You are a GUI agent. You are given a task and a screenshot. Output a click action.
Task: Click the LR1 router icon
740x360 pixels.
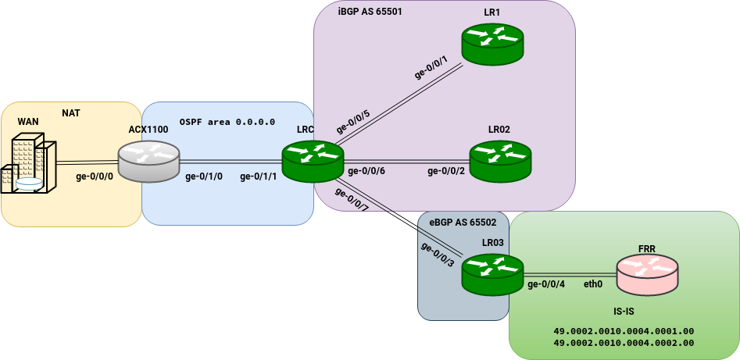pos(492,44)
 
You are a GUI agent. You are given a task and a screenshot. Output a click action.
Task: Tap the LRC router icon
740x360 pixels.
pos(313,162)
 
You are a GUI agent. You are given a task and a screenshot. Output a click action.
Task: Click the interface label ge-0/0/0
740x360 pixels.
pos(95,176)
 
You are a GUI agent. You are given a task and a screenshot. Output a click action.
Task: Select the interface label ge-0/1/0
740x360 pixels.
pos(204,176)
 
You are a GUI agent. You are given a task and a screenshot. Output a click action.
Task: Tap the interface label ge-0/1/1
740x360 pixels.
pos(259,176)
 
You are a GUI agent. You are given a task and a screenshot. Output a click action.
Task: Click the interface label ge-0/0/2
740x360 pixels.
pos(446,171)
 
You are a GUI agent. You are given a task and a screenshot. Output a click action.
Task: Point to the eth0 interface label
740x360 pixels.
pos(594,284)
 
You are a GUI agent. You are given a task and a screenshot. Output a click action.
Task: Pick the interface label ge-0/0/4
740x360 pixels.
pos(546,284)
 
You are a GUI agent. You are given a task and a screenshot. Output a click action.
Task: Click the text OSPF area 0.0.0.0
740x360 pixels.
pos(227,122)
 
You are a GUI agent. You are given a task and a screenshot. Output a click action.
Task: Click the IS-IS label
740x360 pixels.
pos(645,310)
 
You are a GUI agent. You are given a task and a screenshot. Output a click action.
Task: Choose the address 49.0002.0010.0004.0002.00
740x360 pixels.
pos(624,343)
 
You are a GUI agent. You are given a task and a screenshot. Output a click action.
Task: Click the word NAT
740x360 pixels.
pos(71,113)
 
